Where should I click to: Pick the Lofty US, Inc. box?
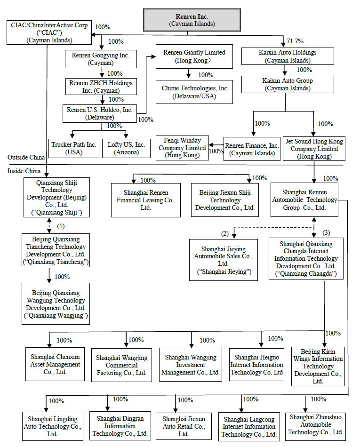pos(127,148)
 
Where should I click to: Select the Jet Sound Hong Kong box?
pos(314,149)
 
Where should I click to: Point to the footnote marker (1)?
pos(61,226)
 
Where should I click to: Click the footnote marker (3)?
pos(327,232)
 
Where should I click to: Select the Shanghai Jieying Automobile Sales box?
pos(224,260)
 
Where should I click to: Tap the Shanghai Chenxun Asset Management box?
pos(48,365)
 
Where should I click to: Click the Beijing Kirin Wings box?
pos(318,367)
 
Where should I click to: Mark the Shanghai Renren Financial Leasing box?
pos(146,200)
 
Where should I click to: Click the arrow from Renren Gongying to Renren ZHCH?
pos(102,73)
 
